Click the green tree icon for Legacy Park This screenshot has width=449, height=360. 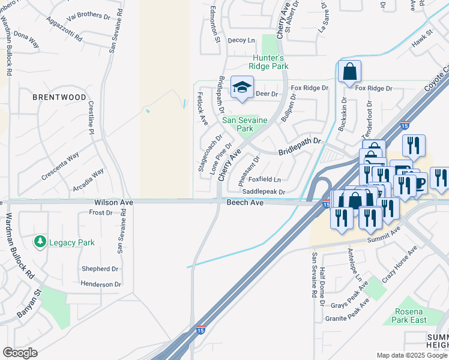40,242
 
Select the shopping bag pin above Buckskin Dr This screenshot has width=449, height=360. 349,73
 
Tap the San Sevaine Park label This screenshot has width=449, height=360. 242,124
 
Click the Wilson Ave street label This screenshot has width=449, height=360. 113,203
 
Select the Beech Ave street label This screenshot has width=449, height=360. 245,203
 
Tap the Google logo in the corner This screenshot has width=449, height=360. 20,352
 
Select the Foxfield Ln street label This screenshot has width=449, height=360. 265,179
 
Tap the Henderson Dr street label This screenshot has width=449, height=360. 101,284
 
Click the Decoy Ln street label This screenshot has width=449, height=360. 241,40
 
